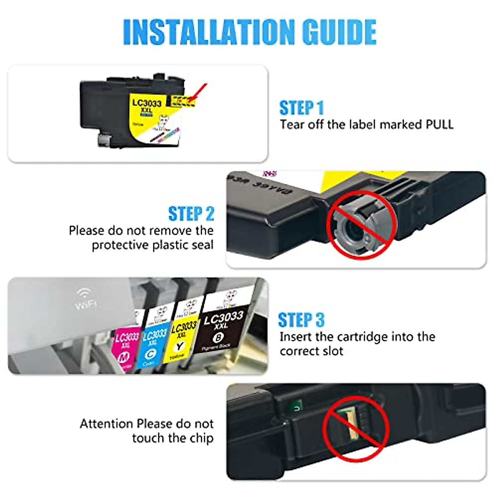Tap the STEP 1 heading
[302, 108]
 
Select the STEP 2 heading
[191, 214]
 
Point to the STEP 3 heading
[301, 320]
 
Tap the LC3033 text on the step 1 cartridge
[147, 103]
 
